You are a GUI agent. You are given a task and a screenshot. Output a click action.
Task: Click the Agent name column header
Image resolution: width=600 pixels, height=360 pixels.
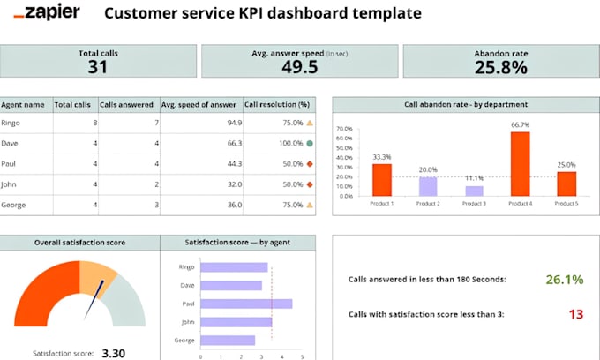coord(23,104)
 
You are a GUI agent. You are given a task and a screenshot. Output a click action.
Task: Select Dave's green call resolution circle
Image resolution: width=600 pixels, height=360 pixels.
coord(310,144)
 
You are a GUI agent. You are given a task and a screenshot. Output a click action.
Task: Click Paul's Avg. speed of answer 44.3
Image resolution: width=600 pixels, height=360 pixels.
coord(233,164)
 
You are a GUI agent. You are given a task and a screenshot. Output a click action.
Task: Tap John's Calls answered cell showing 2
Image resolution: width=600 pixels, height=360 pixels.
coord(155,184)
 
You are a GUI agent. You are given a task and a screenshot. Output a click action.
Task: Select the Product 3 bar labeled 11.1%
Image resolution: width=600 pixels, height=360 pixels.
coord(474,191)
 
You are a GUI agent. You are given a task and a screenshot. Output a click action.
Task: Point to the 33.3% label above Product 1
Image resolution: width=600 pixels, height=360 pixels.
coord(381,157)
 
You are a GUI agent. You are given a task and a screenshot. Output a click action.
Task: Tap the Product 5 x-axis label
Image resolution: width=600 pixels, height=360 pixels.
coord(566,204)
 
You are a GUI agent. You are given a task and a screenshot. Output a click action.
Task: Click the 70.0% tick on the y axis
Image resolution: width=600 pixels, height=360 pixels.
coord(345,128)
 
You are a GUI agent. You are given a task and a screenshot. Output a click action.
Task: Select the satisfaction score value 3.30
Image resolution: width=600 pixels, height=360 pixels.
coord(112,353)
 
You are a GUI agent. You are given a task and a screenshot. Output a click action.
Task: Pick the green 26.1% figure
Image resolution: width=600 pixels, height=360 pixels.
coord(564,280)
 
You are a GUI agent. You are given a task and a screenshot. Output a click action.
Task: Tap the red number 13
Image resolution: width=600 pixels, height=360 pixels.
coord(575,314)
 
